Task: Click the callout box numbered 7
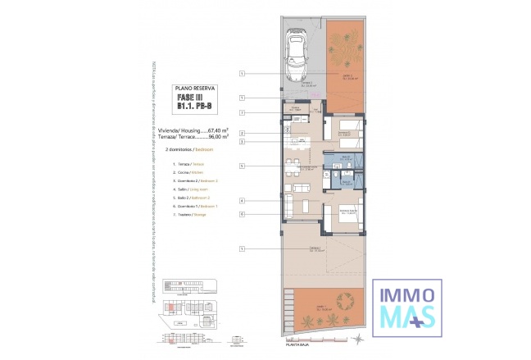(243, 112)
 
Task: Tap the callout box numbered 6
(243, 214)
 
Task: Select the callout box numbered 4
(243, 200)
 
